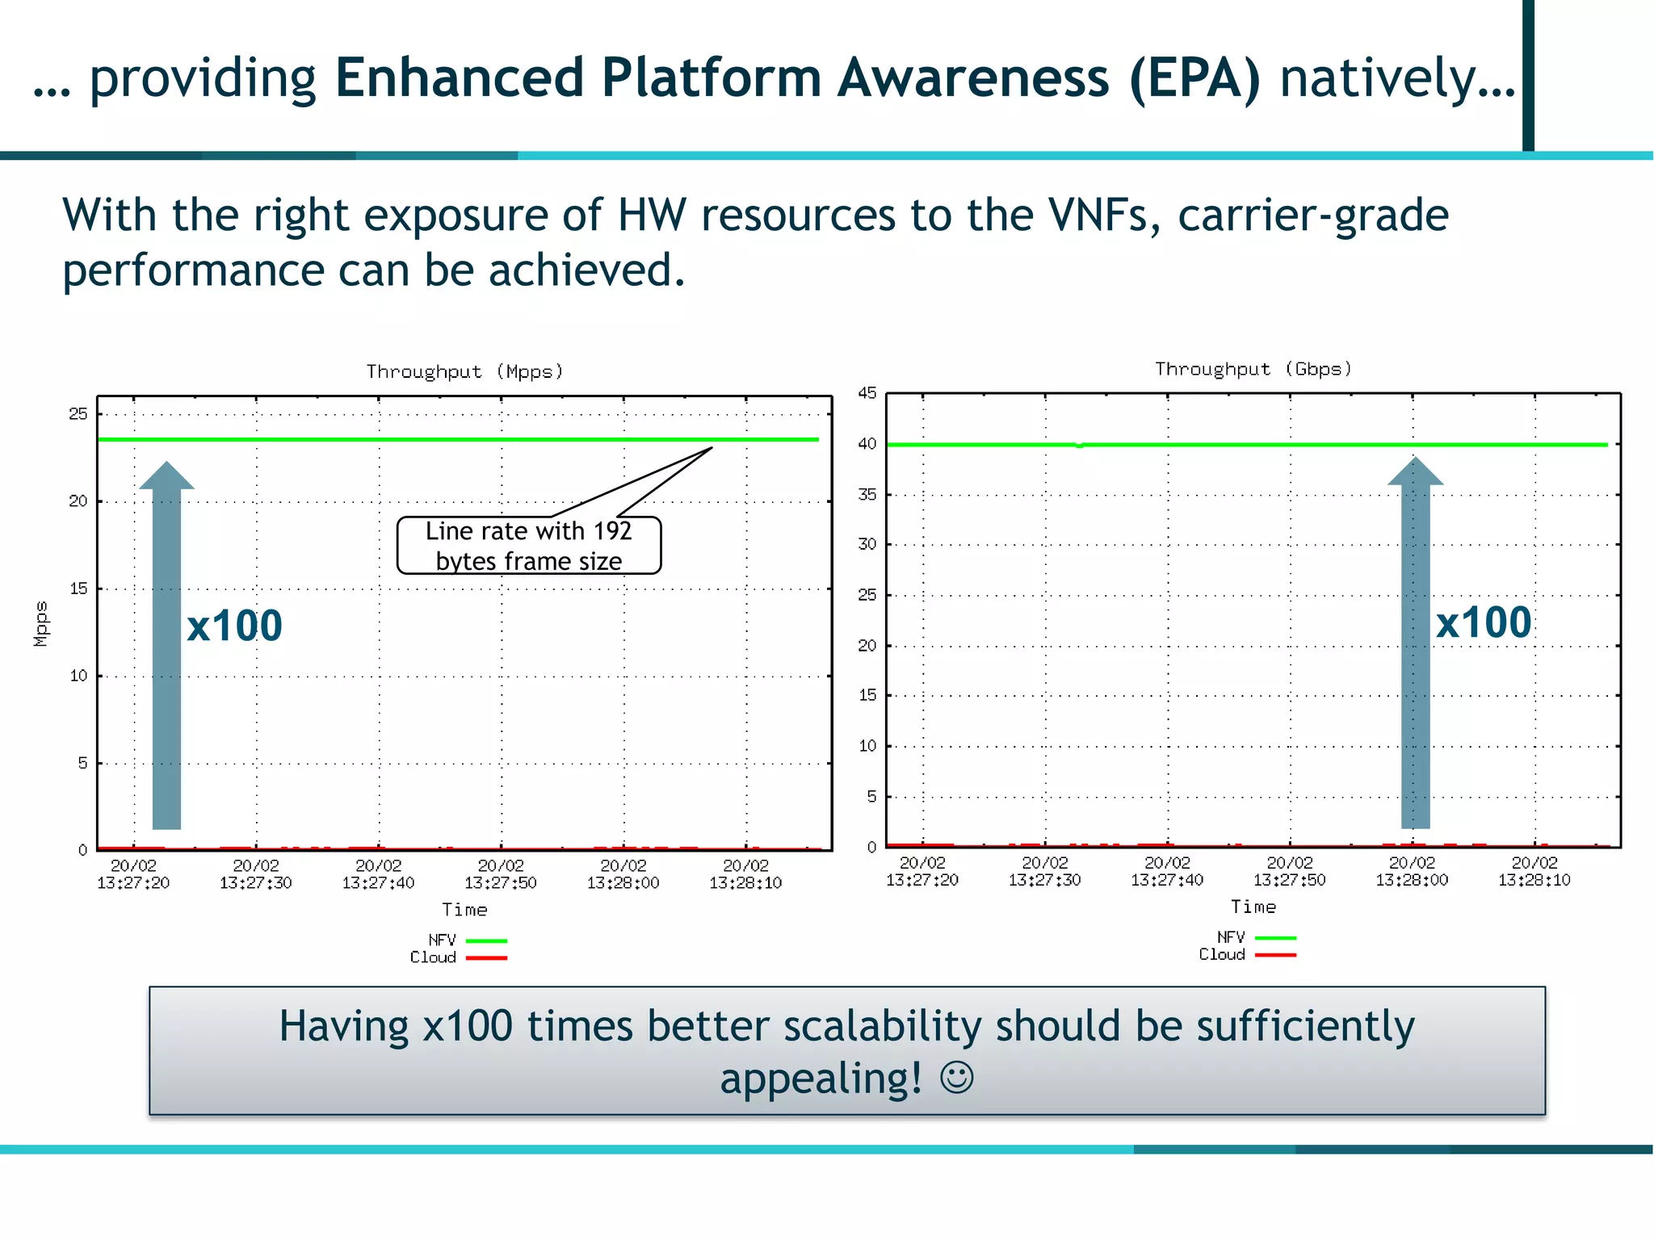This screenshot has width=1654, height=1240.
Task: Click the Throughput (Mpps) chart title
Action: point(464,371)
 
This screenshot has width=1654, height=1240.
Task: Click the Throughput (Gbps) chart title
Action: point(1253,369)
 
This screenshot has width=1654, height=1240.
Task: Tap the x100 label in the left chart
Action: point(234,626)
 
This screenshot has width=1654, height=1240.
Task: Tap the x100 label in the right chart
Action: point(1483,622)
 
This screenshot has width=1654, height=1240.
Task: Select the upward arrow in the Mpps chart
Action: point(166,646)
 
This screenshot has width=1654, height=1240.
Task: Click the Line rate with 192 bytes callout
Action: point(529,546)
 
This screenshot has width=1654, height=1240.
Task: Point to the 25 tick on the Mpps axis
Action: point(78,414)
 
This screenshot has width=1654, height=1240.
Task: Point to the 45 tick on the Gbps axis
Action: point(867,393)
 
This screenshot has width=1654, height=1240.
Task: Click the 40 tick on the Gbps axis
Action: point(867,444)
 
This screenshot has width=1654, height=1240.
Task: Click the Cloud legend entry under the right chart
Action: point(1246,955)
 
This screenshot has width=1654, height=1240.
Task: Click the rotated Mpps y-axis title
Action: point(41,623)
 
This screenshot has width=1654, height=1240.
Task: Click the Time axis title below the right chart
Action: point(1253,907)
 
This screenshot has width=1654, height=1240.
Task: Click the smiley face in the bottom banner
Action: point(957,1078)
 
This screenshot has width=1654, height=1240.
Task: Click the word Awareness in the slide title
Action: point(973,78)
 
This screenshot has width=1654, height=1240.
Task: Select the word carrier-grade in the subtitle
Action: point(1313,216)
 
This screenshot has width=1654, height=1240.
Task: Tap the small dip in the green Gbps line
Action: point(1080,446)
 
